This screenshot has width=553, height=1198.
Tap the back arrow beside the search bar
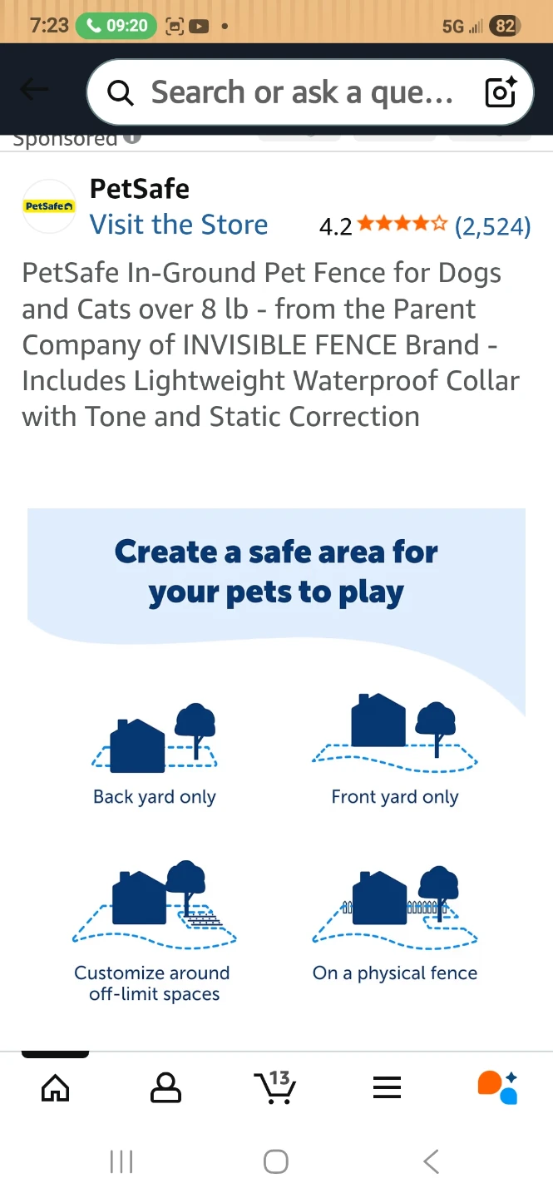tap(34, 90)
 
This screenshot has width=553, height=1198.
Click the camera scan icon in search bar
tap(501, 92)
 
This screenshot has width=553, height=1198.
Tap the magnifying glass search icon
tap(121, 93)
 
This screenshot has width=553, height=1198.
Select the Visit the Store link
tap(179, 225)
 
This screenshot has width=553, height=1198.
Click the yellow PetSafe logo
tap(49, 205)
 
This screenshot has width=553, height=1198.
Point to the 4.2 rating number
tap(335, 226)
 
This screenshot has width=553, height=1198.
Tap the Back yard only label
tap(155, 797)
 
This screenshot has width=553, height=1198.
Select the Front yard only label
tap(395, 797)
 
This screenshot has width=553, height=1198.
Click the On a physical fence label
tap(395, 973)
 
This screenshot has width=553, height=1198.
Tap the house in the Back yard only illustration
tap(138, 746)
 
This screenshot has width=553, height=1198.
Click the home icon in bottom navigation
tap(56, 1087)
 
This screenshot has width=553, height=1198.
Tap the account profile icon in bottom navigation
tap(165, 1087)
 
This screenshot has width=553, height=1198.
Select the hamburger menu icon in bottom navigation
tap(387, 1087)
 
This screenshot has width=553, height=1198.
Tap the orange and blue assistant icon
tap(497, 1087)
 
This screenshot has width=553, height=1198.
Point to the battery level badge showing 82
tap(504, 26)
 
